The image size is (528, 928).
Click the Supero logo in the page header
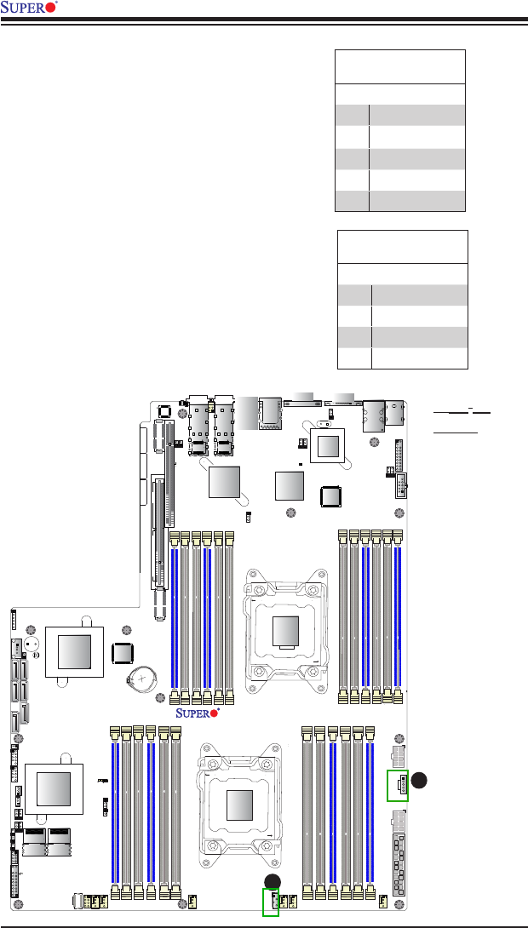tap(29, 8)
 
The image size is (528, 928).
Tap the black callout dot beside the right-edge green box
tap(419, 780)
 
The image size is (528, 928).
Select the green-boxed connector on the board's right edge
tap(397, 785)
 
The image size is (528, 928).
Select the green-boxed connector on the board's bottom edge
tap(271, 902)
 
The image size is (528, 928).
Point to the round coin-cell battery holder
tap(142, 677)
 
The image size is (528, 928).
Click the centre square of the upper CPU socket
tap(286, 631)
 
